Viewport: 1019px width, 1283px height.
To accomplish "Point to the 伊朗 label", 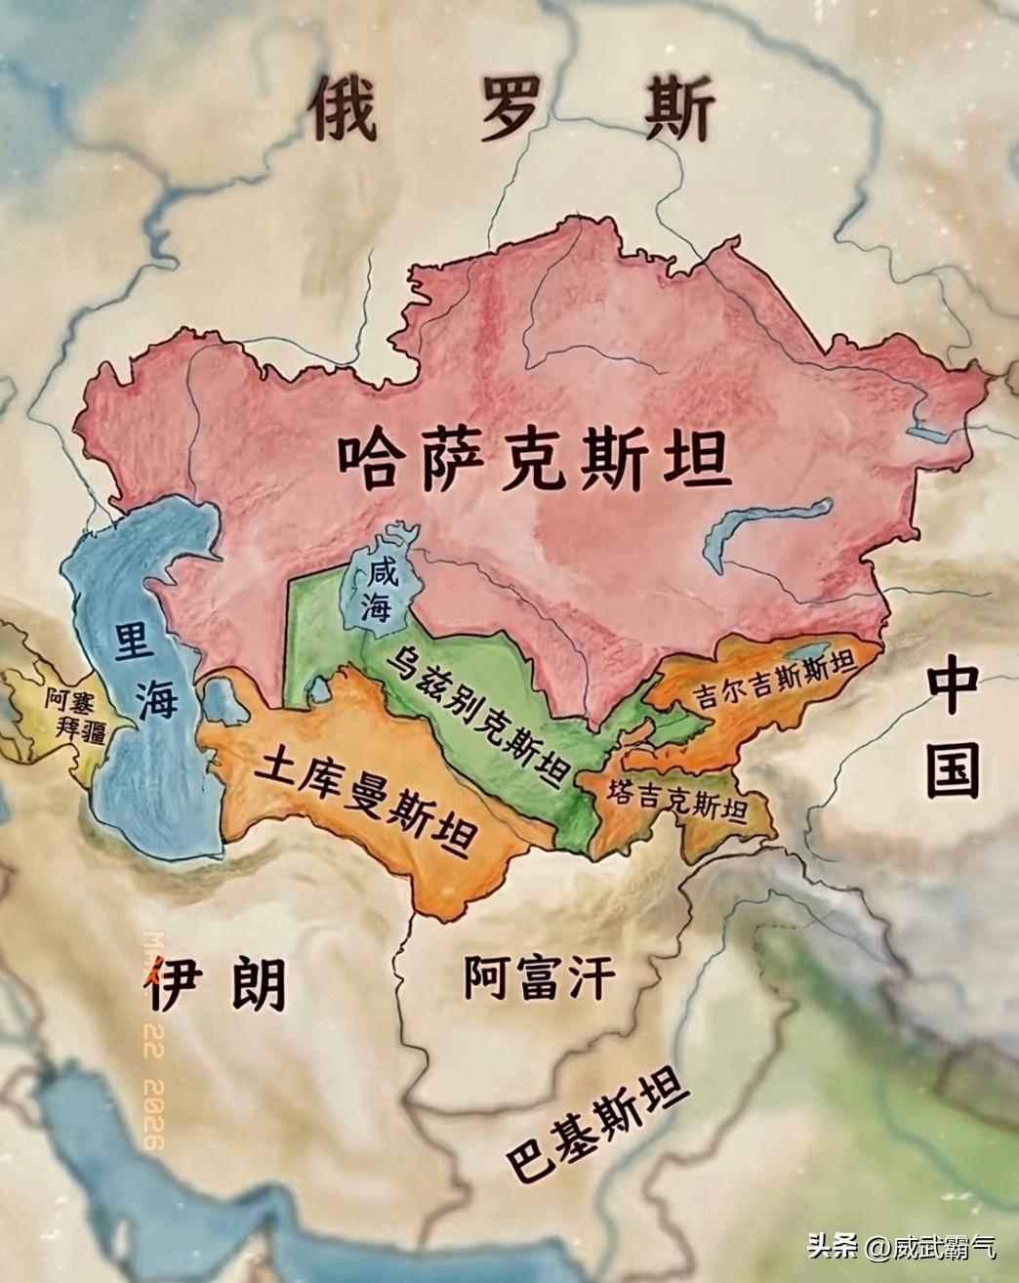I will pyautogui.click(x=217, y=985).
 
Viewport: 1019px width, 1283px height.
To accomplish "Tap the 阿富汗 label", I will pyautogui.click(x=540, y=975).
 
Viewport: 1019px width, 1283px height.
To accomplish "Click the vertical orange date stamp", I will pyautogui.click(x=153, y=1035).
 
